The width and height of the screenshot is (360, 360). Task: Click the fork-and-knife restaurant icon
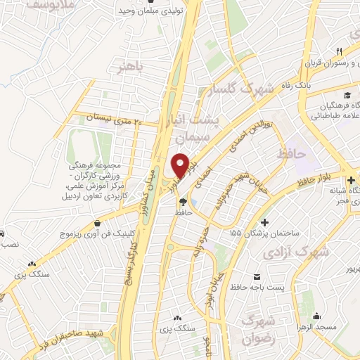338,51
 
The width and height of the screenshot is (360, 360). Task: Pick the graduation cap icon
347,95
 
